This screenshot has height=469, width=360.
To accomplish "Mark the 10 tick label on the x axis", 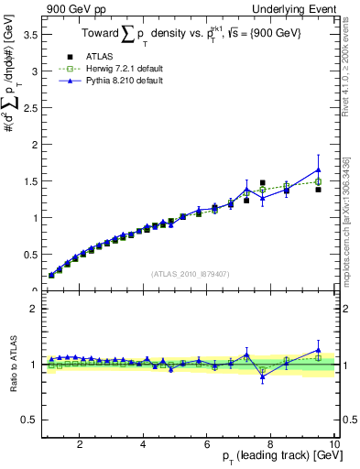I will point(334,444).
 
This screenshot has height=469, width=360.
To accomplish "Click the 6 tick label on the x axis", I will point(207,444).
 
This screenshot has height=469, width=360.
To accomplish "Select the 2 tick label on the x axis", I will point(80,444).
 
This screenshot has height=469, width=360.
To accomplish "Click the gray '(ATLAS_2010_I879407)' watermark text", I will point(191,272).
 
